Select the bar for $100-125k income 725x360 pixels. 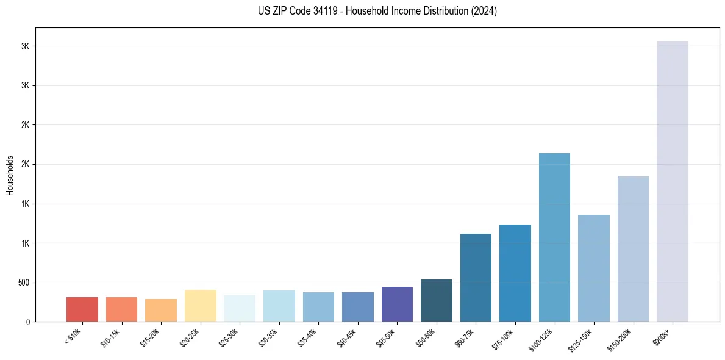tap(554, 237)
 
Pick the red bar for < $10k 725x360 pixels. tap(82, 309)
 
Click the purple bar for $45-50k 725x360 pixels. tap(397, 304)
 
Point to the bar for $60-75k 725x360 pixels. tap(476, 278)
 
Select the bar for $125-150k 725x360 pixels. tap(593, 268)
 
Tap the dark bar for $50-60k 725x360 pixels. tap(436, 300)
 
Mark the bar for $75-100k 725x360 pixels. tap(515, 273)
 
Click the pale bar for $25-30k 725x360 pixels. tap(240, 308)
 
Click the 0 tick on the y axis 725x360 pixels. tap(29, 322)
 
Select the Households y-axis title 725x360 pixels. tap(10, 175)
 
